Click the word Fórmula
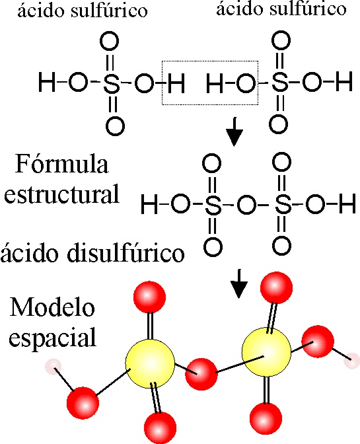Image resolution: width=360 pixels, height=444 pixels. click(x=61, y=164)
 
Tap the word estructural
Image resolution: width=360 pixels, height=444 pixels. click(x=61, y=194)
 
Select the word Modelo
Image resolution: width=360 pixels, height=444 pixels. click(x=52, y=307)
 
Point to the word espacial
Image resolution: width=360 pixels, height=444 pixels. click(x=53, y=337)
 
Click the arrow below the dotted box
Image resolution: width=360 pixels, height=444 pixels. click(x=234, y=132)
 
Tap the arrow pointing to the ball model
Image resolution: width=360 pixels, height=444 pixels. click(x=239, y=283)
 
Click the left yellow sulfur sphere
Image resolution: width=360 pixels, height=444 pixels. click(x=150, y=363)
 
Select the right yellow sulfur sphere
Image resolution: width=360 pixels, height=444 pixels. click(x=266, y=352)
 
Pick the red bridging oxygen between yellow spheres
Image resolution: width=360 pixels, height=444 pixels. click(x=201, y=375)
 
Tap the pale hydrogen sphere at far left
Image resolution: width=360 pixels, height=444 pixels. click(x=54, y=367)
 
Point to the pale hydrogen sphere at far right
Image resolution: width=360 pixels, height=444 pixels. click(x=352, y=361)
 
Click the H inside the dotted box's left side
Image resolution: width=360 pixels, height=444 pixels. click(x=176, y=83)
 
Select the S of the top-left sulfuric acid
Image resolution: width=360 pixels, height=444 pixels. click(x=112, y=83)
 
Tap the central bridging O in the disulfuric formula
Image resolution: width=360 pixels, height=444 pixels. click(x=246, y=205)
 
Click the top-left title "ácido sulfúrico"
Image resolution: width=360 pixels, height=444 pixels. click(x=83, y=10)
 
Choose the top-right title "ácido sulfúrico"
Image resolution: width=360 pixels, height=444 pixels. click(x=281, y=9)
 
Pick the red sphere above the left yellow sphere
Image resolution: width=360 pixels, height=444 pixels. click(x=149, y=297)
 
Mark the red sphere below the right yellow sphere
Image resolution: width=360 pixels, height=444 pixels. click(x=266, y=418)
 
